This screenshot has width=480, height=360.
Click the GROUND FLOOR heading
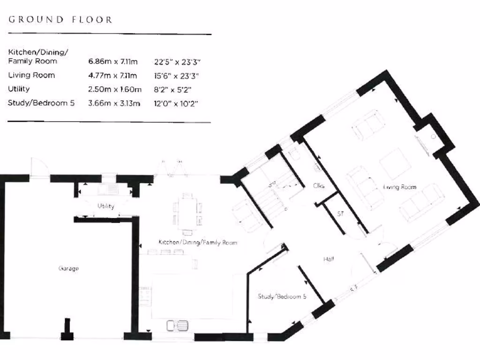pos(60,20)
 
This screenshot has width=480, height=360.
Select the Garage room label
pos(68,269)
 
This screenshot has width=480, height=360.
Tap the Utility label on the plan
pos(106,206)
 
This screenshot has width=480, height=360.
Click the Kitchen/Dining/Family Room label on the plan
pos(197,242)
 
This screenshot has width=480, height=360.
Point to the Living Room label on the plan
pos(400,187)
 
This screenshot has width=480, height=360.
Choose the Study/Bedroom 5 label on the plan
pos(282,296)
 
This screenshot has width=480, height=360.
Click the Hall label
pos(328,259)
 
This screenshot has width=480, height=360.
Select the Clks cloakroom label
pos(319,186)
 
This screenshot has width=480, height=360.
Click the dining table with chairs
pos(187,213)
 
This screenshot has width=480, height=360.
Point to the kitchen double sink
pos(177,325)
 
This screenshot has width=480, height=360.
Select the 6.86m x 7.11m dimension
pos(112,61)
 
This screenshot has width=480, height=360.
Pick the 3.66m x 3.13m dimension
pos(114,103)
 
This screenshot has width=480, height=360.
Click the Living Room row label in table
pos(31,75)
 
